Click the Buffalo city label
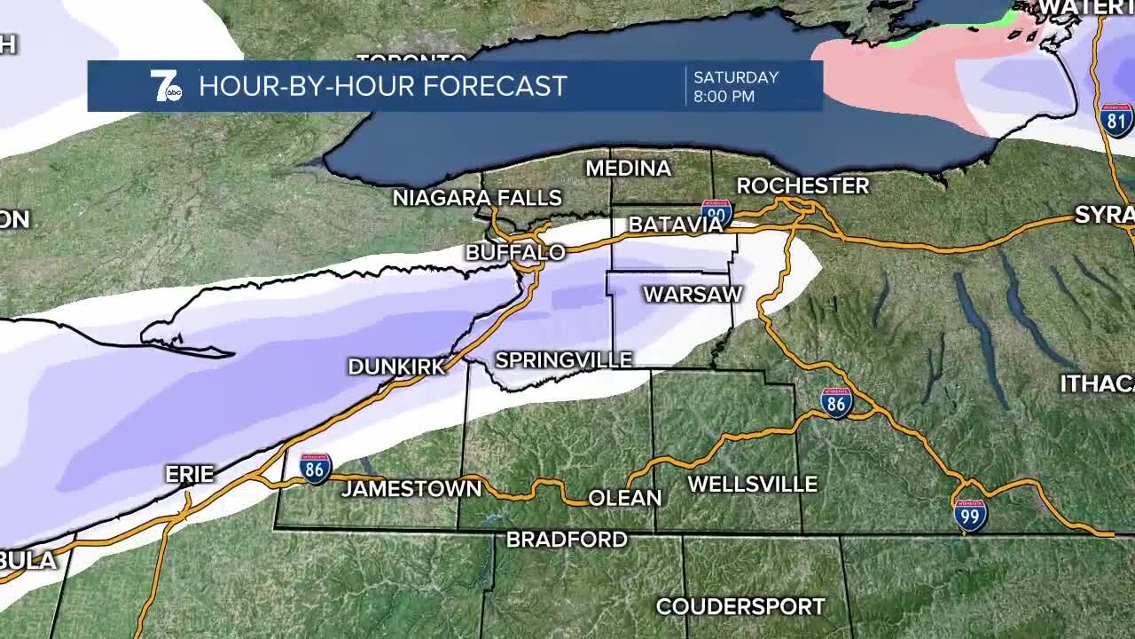[x=515, y=253]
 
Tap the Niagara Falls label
[x=477, y=198]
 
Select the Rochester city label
[x=802, y=185]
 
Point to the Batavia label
[x=676, y=225]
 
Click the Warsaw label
[x=692, y=294]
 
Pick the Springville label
[x=563, y=359]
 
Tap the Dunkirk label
[x=396, y=367]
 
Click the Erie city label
[x=190, y=475]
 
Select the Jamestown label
[x=411, y=488]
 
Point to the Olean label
[x=625, y=498]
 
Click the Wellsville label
[x=752, y=485]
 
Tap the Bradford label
[x=567, y=540]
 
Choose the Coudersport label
[x=740, y=607]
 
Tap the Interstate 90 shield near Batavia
[x=716, y=213]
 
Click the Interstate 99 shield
[x=970, y=515]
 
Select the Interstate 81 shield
[x=1116, y=119]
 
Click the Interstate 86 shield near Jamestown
[x=315, y=468]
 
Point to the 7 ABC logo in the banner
[x=165, y=86]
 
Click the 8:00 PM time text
[x=724, y=96]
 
